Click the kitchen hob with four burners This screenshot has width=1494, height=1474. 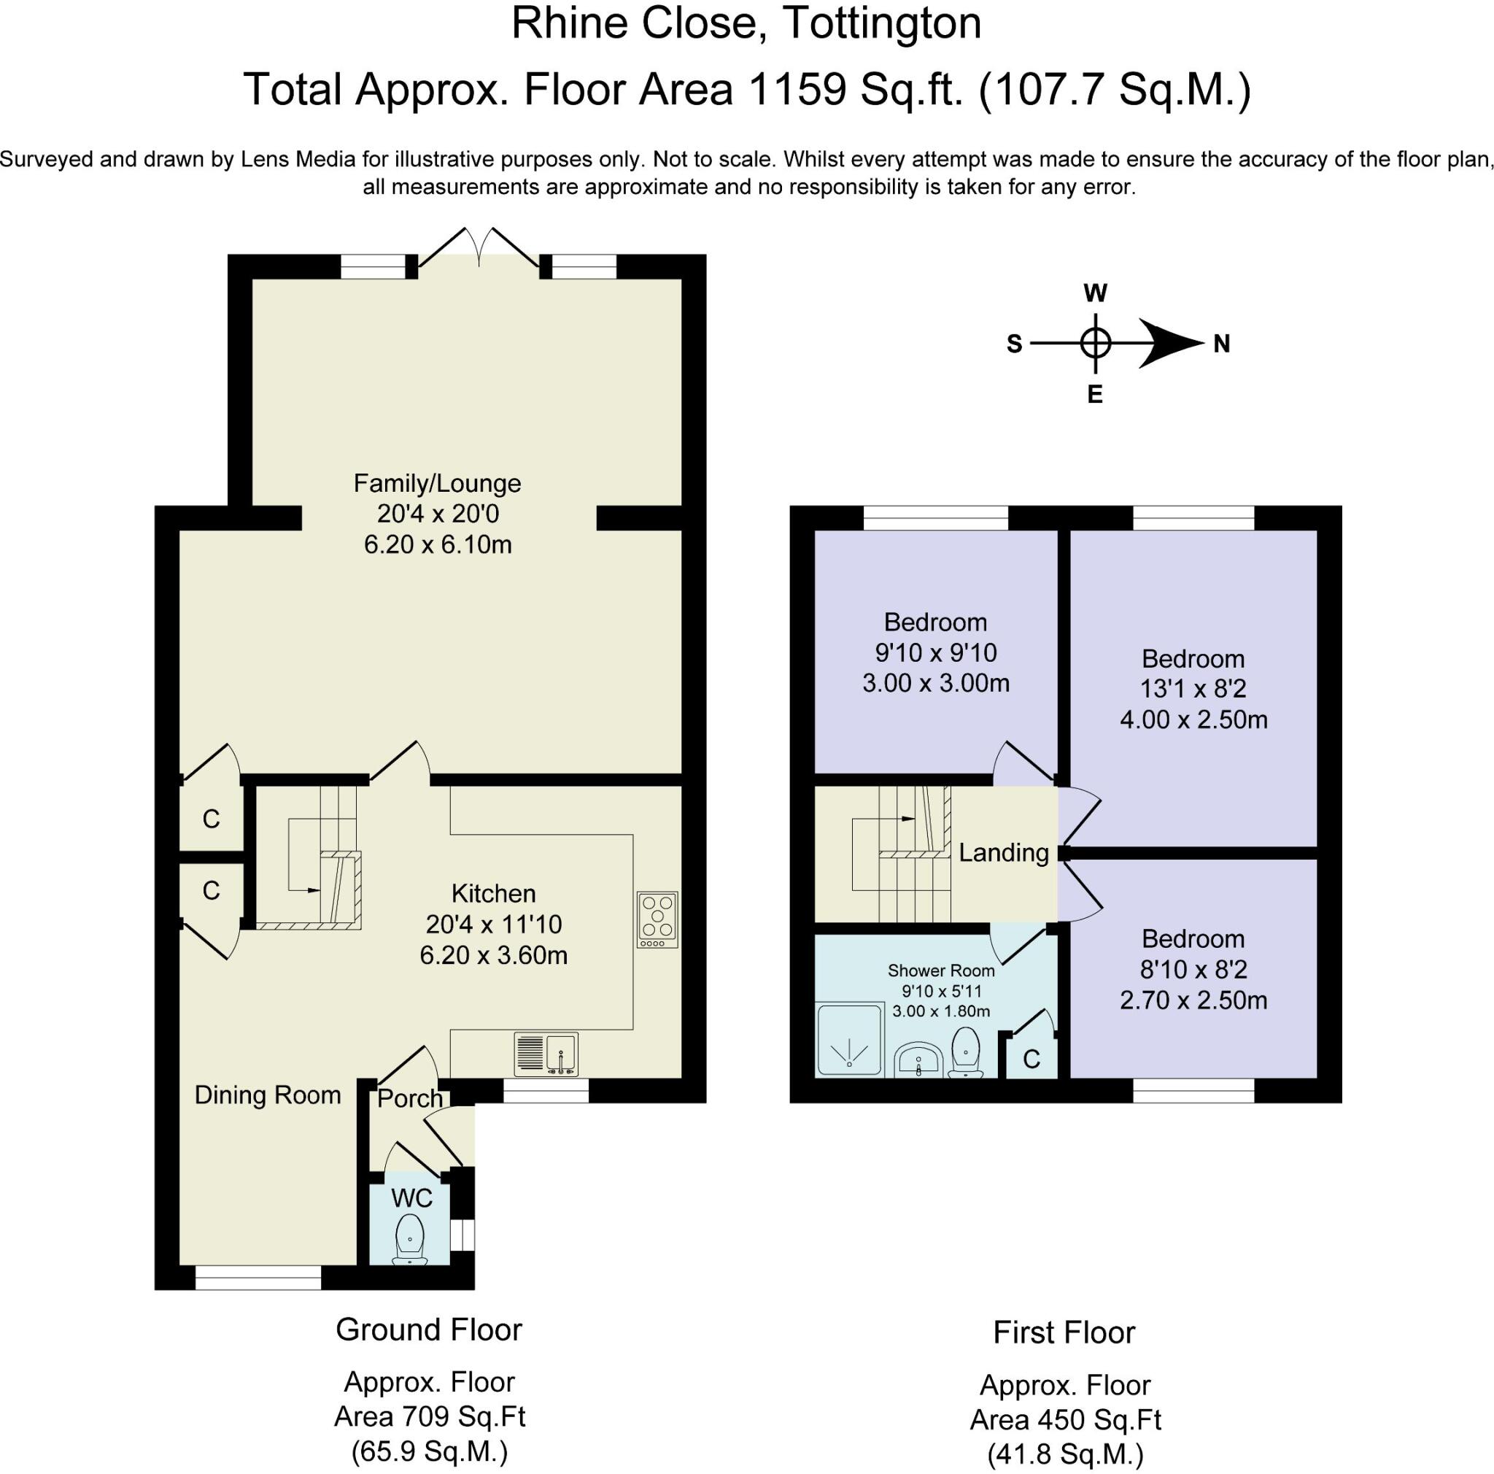tap(657, 919)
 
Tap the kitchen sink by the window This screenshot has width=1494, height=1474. tap(546, 1054)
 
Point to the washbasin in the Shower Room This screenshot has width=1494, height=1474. tap(918, 1059)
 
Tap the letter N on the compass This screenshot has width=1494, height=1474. tap(1221, 344)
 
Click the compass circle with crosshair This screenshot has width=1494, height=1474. tap(1095, 342)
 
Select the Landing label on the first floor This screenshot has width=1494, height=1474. tap(1003, 853)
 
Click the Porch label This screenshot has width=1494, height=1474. tap(409, 1099)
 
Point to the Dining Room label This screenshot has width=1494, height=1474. tap(268, 1095)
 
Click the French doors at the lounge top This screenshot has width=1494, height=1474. tap(479, 249)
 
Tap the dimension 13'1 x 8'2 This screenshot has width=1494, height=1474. tap(1193, 688)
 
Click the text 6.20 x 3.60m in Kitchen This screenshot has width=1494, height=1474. tap(493, 955)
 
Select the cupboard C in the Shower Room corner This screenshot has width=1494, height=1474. tap(1031, 1060)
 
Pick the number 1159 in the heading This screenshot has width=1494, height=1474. tap(797, 90)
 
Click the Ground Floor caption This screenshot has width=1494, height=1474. tap(428, 1330)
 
